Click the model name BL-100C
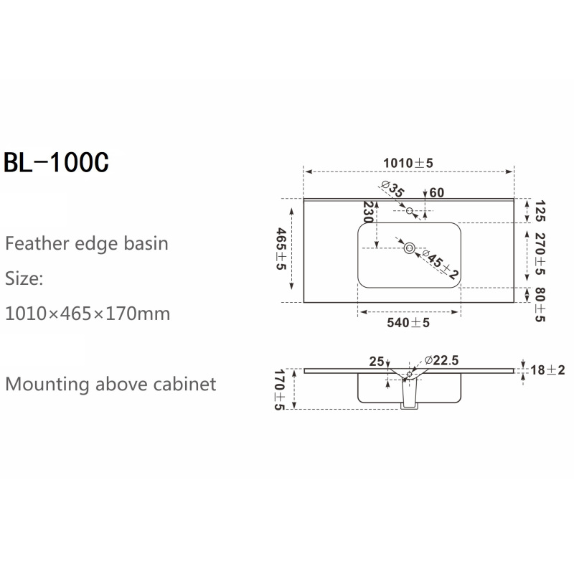tap(56, 162)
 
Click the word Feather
tap(37, 243)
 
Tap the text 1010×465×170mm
tap(88, 314)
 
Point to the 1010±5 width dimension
tap(408, 163)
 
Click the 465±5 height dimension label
tap(281, 248)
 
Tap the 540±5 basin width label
tap(408, 322)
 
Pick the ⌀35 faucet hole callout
tap(392, 189)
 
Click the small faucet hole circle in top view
tap(410, 210)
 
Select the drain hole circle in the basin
tap(409, 248)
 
